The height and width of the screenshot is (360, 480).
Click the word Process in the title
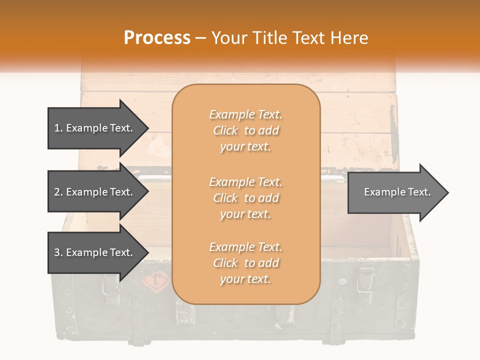tap(157, 38)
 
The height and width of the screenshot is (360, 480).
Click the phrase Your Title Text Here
tap(289, 38)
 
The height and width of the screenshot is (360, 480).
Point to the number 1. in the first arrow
tap(58, 128)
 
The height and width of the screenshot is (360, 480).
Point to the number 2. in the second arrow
tap(58, 192)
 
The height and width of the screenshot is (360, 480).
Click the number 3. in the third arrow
tap(58, 252)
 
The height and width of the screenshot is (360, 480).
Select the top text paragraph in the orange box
tap(245, 130)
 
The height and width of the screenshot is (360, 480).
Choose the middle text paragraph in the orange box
tap(245, 198)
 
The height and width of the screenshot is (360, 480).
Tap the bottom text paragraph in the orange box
tap(245, 263)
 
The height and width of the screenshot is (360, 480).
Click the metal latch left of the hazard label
tap(109, 284)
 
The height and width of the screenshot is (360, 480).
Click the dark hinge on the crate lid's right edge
tap(393, 127)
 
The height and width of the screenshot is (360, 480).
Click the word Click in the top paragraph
tap(225, 130)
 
